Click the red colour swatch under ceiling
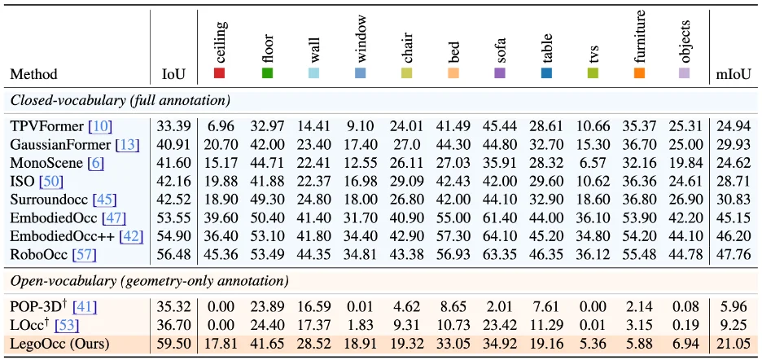(x=219, y=73)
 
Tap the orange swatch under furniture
(x=639, y=73)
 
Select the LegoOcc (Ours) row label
(x=59, y=345)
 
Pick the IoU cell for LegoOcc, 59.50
(x=173, y=345)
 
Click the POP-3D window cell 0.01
(x=360, y=307)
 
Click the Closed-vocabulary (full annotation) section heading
(x=120, y=101)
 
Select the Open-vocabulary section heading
(x=149, y=281)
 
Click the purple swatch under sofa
(x=499, y=73)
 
